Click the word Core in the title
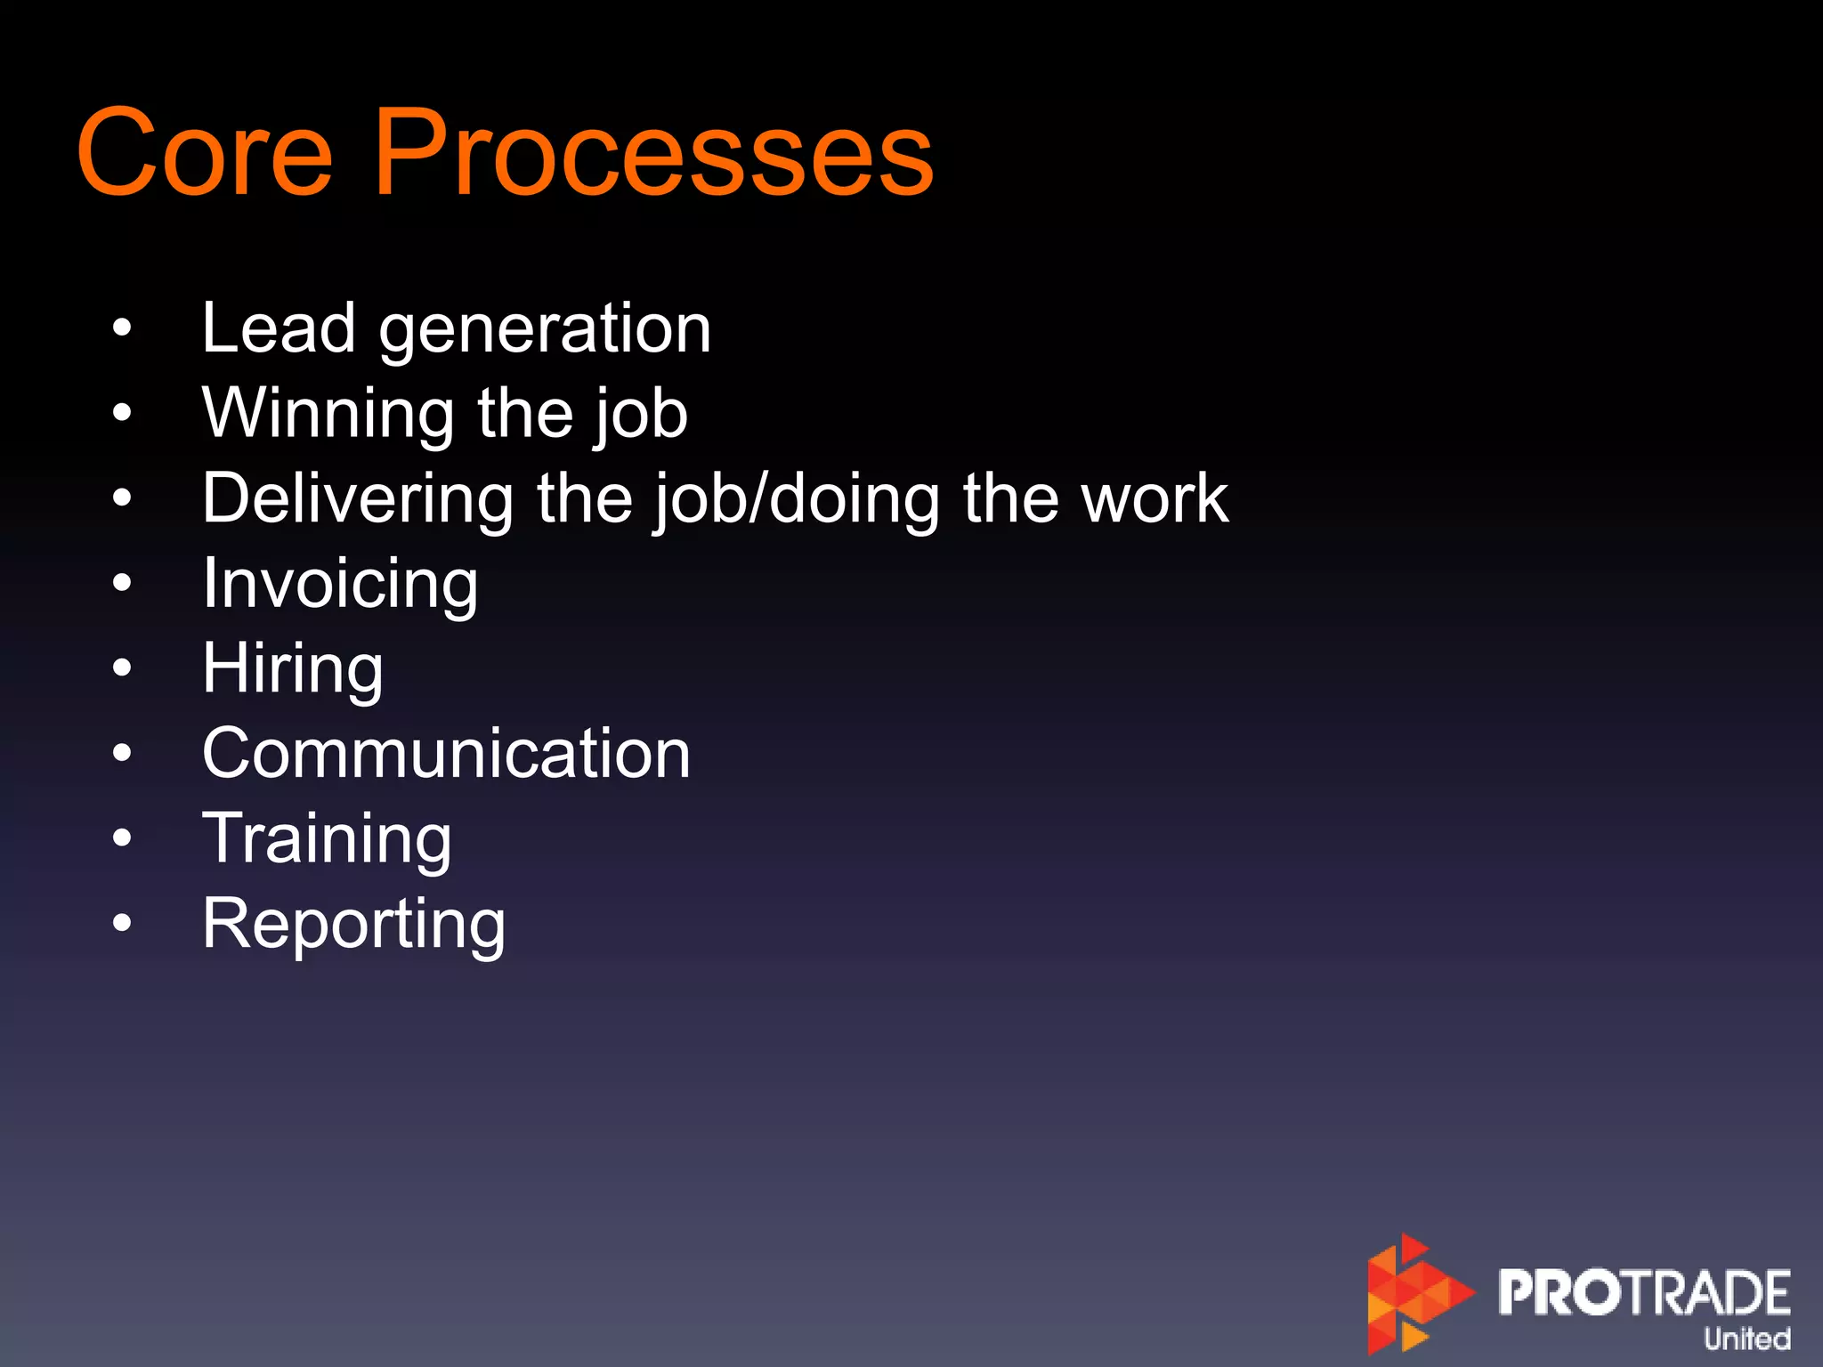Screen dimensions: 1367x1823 pos(205,153)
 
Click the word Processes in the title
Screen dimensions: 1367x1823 pos(654,153)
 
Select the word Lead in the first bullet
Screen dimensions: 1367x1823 pos(279,328)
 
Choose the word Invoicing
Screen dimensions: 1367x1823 pos(340,586)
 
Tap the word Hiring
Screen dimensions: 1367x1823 pos(293,670)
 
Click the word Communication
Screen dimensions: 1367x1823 pos(446,754)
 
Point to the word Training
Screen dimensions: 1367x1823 pos(327,840)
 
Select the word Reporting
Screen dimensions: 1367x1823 pos(353,926)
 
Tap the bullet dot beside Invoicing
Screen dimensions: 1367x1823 pos(122,584)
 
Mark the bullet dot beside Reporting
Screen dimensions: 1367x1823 pos(122,924)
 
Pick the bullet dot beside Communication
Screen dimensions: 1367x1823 pos(122,754)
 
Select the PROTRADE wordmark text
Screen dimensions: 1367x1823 pos(1643,1292)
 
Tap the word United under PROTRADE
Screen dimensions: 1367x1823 pos(1746,1339)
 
